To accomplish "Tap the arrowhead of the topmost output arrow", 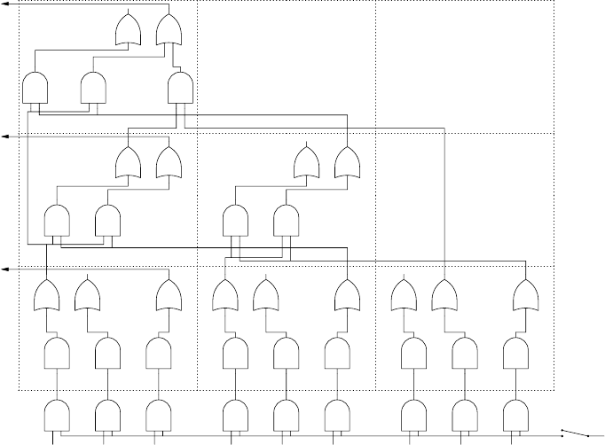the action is coord(4,4).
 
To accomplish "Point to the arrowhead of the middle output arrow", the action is coord(4,137).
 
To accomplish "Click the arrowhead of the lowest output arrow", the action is coord(4,269).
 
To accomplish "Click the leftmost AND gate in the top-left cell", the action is coord(35,87).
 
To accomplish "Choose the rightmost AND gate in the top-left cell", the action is coord(181,87).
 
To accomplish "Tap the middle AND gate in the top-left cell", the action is coord(93,87).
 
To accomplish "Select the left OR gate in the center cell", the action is coord(307,162).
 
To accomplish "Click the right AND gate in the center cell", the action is coord(286,220).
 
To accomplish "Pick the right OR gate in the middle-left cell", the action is coord(169,162).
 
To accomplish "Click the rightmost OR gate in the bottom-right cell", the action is coord(526,294).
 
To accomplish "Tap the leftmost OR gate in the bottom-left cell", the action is coord(46,294).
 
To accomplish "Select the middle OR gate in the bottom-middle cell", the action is coord(266,294).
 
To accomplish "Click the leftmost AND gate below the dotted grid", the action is coord(58,415).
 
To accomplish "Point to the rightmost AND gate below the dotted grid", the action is coord(515,415).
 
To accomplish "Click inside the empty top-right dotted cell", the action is coord(465,66).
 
